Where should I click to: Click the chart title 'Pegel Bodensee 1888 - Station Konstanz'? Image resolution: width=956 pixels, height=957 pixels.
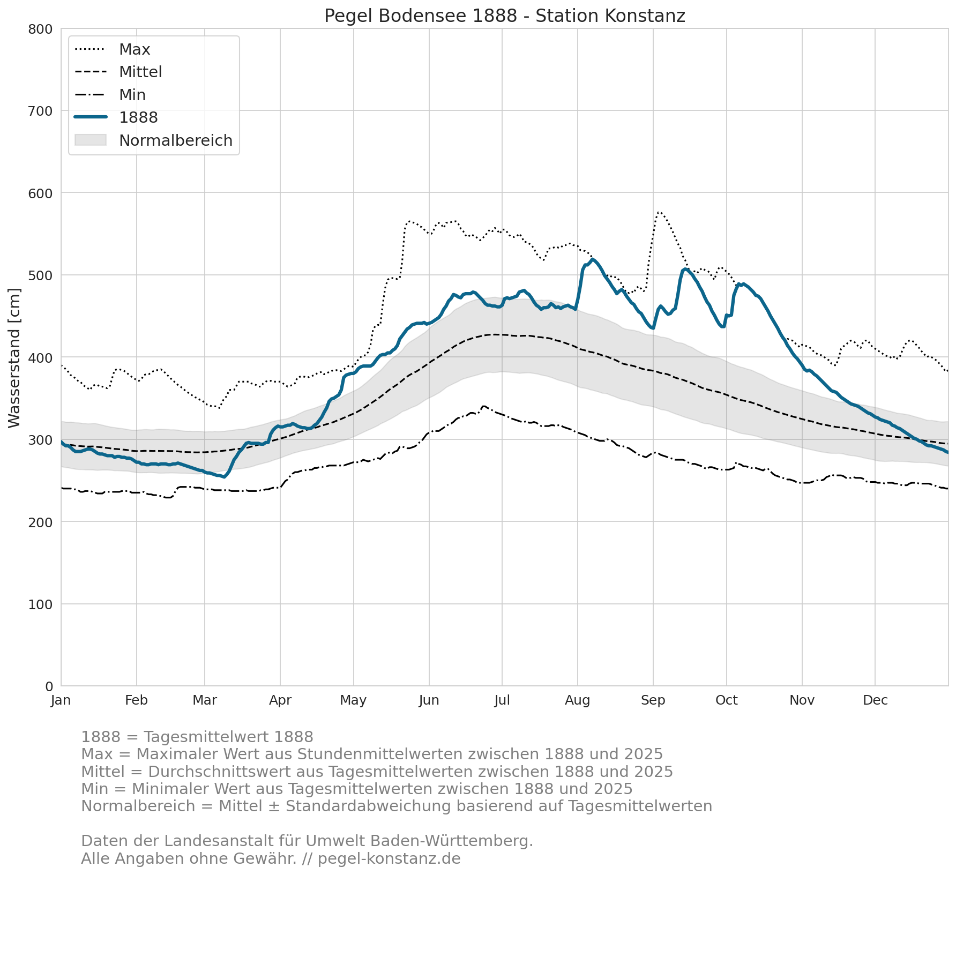pos(505,16)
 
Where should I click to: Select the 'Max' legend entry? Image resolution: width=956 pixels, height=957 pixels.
pos(113,49)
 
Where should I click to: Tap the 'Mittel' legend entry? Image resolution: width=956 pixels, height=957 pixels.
pos(118,72)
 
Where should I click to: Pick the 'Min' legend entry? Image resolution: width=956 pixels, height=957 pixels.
pos(110,95)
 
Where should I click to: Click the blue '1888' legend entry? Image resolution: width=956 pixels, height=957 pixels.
pos(116,117)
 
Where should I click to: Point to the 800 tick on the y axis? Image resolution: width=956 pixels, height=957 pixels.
pos(40,29)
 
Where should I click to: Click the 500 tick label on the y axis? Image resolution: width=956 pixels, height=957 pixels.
pos(40,275)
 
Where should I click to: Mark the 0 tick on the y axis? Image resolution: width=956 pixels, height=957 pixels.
pos(49,686)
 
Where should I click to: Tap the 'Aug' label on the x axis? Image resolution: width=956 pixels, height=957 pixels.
pos(578,700)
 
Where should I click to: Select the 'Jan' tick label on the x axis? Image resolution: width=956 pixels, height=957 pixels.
pos(61,700)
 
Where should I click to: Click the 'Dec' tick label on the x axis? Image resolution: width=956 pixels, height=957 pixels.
pos(876,700)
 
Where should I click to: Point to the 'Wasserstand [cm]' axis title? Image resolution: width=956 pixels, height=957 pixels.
pos(14,358)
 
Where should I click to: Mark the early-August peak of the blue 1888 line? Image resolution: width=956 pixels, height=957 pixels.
pos(592,259)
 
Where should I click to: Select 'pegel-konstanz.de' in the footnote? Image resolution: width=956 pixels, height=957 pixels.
pos(389,859)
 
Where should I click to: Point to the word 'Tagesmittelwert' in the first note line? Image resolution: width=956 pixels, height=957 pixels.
pos(196,737)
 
